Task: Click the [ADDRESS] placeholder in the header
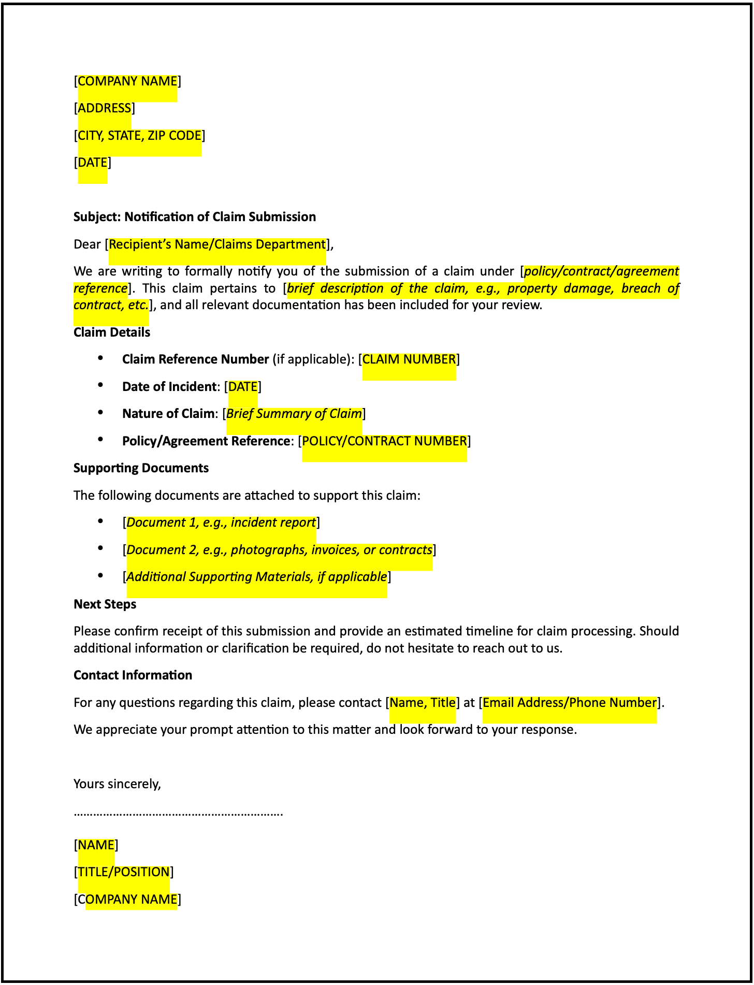pos(104,108)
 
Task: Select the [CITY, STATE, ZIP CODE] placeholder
pos(139,136)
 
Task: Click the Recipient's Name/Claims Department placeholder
pos(217,244)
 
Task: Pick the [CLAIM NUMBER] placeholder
pos(409,359)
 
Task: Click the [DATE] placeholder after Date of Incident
pos(242,387)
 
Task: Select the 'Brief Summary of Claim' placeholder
pos(294,414)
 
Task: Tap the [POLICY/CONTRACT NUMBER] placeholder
pos(384,441)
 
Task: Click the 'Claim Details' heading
pos(112,332)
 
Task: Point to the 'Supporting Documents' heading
pos(141,468)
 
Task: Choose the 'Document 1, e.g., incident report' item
pos(221,523)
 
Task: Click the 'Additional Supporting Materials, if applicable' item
pos(256,577)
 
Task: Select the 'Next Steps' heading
pos(105,604)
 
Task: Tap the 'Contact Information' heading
pos(133,675)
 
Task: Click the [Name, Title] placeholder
pos(422,703)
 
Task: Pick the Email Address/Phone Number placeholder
pos(569,703)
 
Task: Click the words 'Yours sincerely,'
pos(117,784)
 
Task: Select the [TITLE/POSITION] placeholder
pos(123,872)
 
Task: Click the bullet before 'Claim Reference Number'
pos(100,358)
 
